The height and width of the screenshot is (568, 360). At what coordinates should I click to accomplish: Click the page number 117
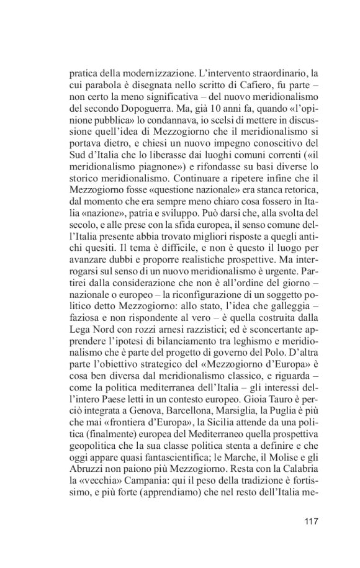coord(310,520)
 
